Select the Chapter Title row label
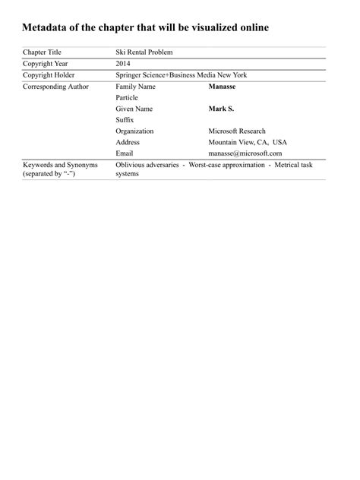pos(43,52)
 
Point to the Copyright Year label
pos(46,64)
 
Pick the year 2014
pos(123,64)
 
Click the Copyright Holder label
pos(49,75)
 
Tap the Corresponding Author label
pos(55,87)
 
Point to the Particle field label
pos(128,98)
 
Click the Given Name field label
pos(134,109)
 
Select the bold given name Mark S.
pos(221,109)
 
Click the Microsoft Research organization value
pos(237,131)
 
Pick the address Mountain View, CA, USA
pos(248,142)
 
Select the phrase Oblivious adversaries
pos(147,165)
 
